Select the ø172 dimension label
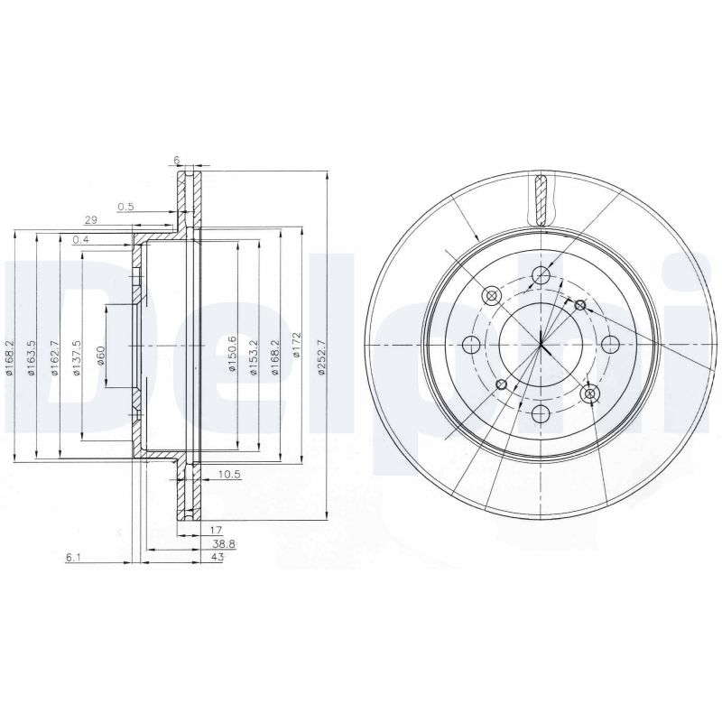pos(297,345)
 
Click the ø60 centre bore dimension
pos(101,356)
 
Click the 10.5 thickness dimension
pos(229,474)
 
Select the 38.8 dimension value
pos(224,544)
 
